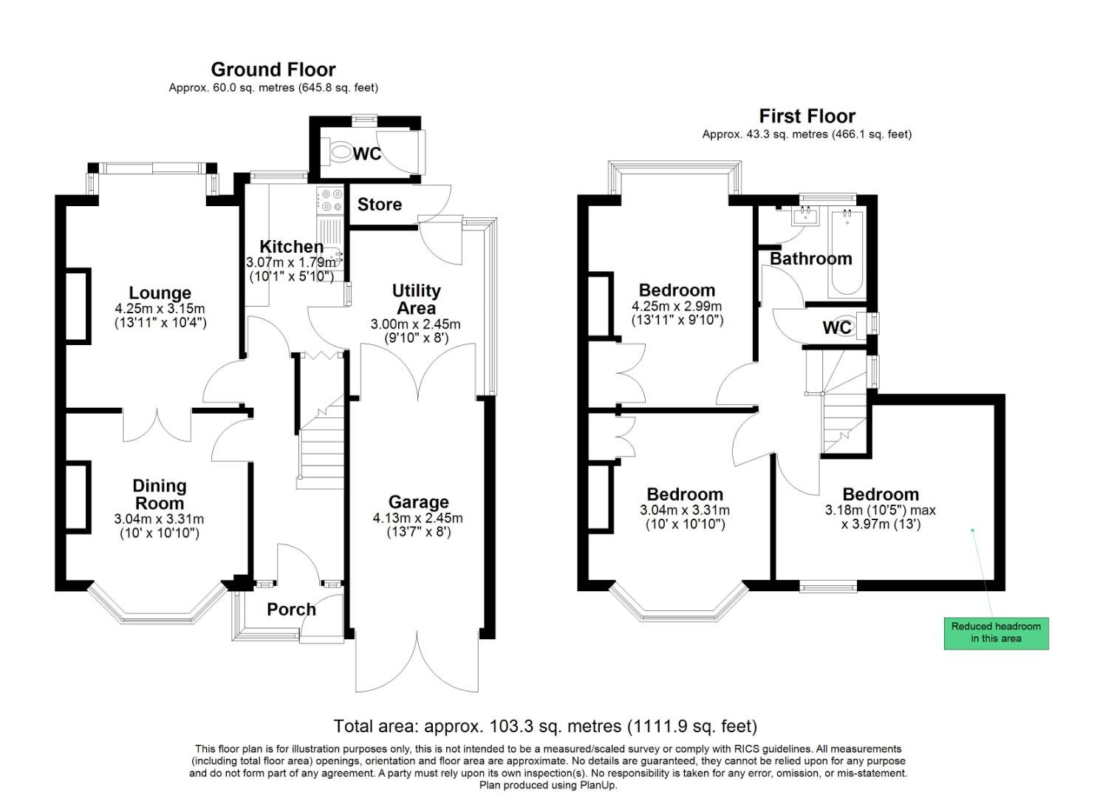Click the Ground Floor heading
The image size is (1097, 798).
point(273,69)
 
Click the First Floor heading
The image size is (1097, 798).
point(807,116)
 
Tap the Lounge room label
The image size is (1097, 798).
point(160,293)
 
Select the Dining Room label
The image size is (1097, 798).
point(159,494)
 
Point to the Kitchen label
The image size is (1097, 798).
point(291,247)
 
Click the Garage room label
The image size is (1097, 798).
point(418,502)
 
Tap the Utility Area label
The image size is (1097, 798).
point(416,299)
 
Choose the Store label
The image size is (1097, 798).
point(379,205)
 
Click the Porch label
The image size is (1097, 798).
point(291,610)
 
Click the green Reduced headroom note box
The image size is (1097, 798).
point(996,632)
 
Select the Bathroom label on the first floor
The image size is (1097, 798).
point(810,259)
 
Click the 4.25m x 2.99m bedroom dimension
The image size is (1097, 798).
point(677,306)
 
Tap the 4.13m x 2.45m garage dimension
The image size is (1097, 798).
point(418,518)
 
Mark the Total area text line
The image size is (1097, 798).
point(545,726)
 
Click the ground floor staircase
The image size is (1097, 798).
point(322,451)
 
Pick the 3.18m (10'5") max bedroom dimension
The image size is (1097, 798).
point(880,510)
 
